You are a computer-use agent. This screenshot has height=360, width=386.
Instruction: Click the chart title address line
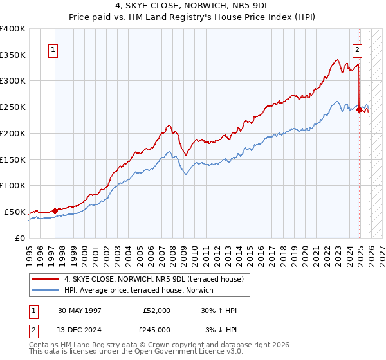tap(192, 5)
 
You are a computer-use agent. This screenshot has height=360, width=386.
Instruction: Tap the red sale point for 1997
tap(55, 210)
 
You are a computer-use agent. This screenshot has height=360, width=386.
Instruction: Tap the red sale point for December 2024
tap(359, 109)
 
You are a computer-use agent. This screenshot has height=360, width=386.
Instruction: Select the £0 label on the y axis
tap(19, 238)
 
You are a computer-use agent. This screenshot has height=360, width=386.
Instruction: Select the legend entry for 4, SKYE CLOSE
tap(153, 279)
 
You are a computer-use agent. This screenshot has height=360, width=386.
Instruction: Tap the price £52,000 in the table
tap(157, 310)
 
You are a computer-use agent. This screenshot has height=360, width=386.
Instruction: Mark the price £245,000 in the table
tap(157, 329)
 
